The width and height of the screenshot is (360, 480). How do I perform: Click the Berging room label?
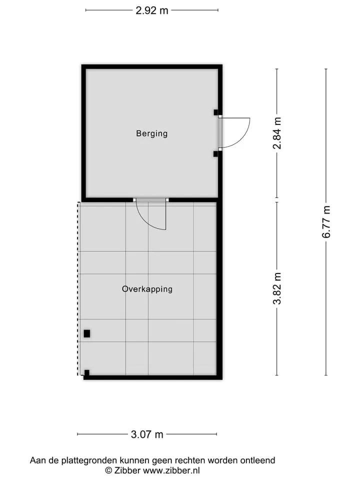152,133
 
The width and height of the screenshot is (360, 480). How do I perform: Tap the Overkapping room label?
147,289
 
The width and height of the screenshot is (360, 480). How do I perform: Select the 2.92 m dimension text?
152,10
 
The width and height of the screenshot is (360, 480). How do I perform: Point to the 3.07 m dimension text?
147,434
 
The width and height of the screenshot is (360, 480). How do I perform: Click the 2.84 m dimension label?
277,133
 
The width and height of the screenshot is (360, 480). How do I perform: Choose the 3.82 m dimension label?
277,288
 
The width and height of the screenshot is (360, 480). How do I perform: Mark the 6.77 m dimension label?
326,222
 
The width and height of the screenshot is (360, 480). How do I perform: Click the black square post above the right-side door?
216,112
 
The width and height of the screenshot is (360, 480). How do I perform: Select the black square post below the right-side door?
216,153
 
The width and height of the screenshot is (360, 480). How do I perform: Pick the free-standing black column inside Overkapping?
87,333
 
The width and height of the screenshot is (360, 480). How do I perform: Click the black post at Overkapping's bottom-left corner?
87,373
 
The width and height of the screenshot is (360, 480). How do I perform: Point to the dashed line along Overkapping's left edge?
78,288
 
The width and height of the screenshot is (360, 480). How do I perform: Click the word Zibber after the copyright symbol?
127,470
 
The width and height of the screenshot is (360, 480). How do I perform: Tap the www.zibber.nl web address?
171,470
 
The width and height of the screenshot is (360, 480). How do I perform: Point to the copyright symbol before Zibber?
108,470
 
